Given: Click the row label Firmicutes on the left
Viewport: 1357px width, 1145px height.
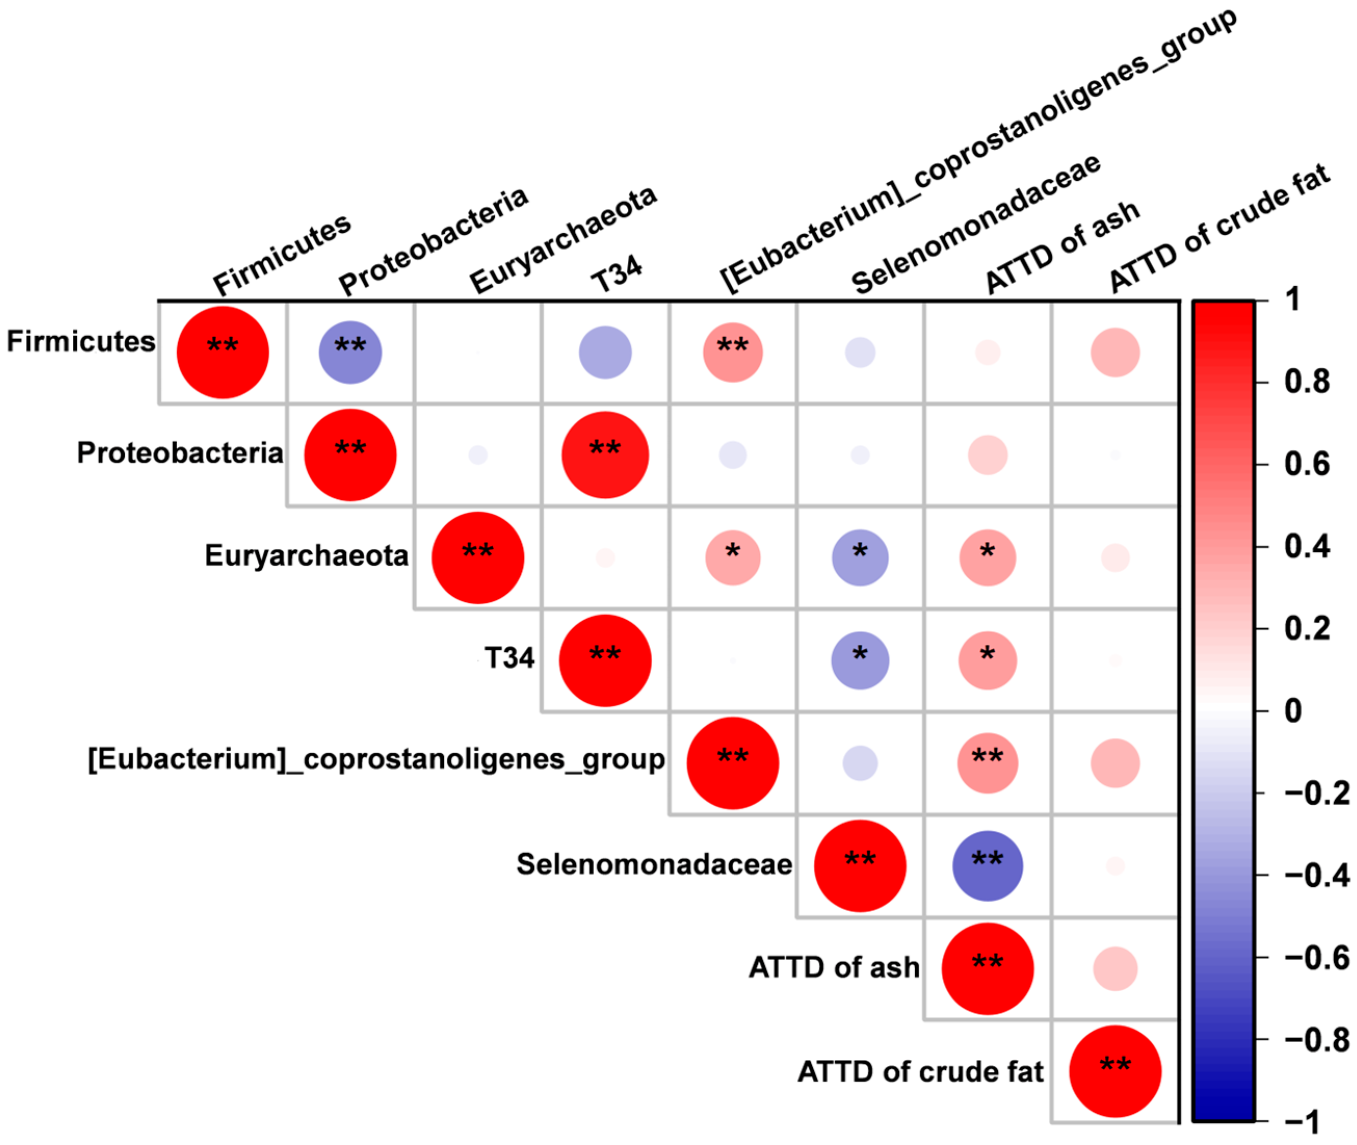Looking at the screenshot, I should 81,341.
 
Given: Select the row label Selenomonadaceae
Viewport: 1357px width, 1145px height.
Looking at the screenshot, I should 654,864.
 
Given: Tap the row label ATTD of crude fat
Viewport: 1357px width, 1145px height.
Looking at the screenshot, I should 920,1072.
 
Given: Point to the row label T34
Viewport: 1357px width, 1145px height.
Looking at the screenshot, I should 510,658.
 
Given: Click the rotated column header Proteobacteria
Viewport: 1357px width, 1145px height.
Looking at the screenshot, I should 433,242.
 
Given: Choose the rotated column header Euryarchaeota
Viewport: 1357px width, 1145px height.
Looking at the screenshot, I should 563,240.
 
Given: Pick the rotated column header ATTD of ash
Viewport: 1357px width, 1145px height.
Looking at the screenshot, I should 1062,247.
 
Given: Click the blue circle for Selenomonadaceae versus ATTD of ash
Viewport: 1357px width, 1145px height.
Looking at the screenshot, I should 987,866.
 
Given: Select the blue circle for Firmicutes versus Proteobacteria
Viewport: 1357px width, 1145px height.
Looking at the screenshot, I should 350,352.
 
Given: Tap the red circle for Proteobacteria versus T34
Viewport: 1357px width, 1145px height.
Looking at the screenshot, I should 604,455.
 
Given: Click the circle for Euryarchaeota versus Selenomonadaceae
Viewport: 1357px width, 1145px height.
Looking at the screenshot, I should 860,557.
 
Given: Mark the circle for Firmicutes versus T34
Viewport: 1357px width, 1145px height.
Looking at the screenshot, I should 604,352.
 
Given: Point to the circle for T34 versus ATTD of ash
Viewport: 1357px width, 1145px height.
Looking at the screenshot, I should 987,661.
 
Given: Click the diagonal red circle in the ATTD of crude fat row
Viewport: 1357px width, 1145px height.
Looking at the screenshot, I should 1114,1072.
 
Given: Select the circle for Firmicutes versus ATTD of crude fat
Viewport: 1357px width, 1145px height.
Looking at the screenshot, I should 1114,352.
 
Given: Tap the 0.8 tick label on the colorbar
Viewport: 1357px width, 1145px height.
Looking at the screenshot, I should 1307,382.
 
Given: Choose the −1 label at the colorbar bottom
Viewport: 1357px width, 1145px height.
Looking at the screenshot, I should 1302,1122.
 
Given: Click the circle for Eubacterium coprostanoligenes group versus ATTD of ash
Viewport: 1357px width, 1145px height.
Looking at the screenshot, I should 987,763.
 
